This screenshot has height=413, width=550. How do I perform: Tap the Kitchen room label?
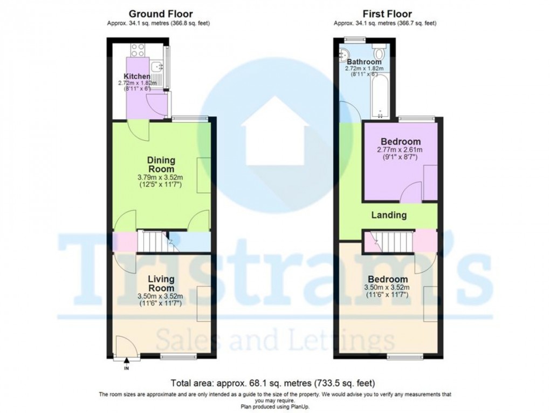click(137, 76)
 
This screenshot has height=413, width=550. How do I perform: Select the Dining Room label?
click(161, 164)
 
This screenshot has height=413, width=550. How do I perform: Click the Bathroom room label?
click(364, 62)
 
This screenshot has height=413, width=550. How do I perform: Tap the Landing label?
click(389, 215)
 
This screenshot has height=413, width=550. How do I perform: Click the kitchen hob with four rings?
click(137, 50)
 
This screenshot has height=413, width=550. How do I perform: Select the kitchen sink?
click(156, 67)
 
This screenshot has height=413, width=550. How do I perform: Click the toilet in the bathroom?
click(379, 53)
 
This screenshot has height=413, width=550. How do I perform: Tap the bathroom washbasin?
click(343, 54)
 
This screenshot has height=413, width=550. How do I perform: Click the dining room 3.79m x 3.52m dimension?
click(161, 178)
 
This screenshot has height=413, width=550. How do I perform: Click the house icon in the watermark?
click(275, 132)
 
